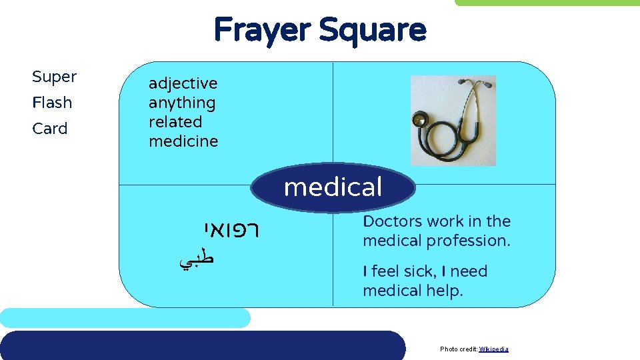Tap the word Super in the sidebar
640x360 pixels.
coord(54,77)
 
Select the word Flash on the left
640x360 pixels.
coord(52,103)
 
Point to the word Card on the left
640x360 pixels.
coord(50,129)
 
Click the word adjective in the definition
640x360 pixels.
coord(183,84)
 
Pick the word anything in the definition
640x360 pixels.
coord(182,103)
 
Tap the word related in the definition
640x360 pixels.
coord(175,122)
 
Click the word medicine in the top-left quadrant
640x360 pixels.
coord(183,141)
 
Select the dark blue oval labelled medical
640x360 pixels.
coord(333,187)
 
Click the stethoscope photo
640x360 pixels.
coord(453,121)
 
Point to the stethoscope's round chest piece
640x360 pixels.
coord(420,121)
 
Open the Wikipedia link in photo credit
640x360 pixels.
coord(493,349)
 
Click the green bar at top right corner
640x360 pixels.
coord(547,3)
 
